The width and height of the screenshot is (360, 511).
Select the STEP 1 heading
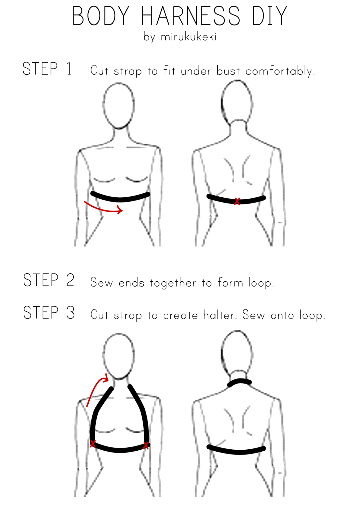[x=47, y=69]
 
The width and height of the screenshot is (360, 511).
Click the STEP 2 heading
[x=49, y=280]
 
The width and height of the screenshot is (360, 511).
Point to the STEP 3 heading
[x=49, y=312]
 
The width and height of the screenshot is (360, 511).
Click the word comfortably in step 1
[x=280, y=71]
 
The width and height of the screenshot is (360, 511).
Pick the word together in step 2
[x=173, y=283]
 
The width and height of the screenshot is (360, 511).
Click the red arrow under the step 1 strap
[x=104, y=208]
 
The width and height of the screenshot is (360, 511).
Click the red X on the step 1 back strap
[x=237, y=201]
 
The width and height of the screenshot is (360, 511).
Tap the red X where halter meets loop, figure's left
[x=93, y=444]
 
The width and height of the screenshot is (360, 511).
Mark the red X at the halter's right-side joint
[x=146, y=445]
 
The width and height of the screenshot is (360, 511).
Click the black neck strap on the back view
[x=240, y=383]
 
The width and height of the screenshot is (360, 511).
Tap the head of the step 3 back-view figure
[x=237, y=351]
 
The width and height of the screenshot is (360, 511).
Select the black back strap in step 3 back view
[x=236, y=451]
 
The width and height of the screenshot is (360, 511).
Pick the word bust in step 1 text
[x=228, y=71]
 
